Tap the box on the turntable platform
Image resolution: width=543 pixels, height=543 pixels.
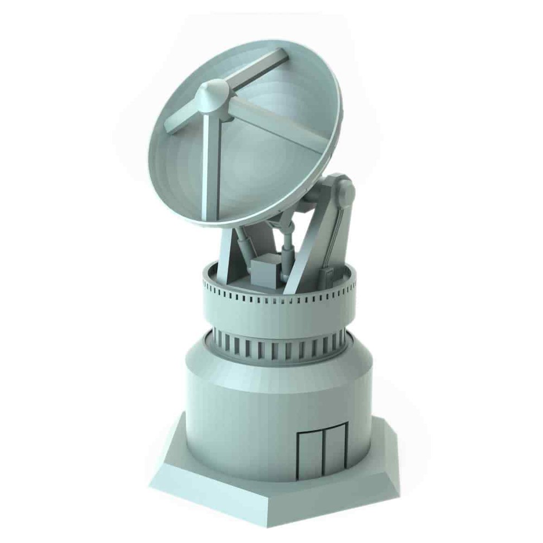266,270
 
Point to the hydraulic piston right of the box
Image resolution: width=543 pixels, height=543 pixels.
287,255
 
